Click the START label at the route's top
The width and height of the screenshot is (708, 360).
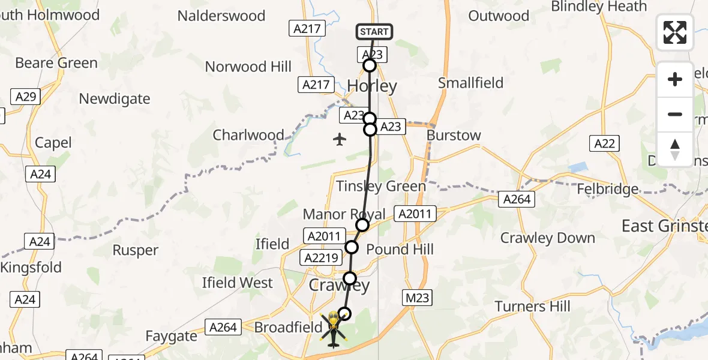(x=374, y=31)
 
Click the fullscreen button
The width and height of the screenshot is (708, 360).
(x=675, y=32)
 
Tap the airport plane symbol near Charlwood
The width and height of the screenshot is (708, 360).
(x=340, y=140)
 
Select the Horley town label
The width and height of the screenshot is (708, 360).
(x=372, y=86)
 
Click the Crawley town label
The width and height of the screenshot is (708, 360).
(x=339, y=286)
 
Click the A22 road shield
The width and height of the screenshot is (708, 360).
(x=604, y=143)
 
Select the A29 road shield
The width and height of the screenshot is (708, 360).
(x=26, y=97)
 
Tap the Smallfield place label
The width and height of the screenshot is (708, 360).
(x=470, y=83)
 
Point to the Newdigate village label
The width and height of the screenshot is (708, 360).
(x=115, y=98)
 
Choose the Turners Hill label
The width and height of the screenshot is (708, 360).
(x=533, y=307)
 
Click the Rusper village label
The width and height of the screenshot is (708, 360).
(x=136, y=250)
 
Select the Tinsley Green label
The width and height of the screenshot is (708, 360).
(x=380, y=186)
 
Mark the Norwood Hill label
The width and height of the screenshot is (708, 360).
(x=248, y=67)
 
